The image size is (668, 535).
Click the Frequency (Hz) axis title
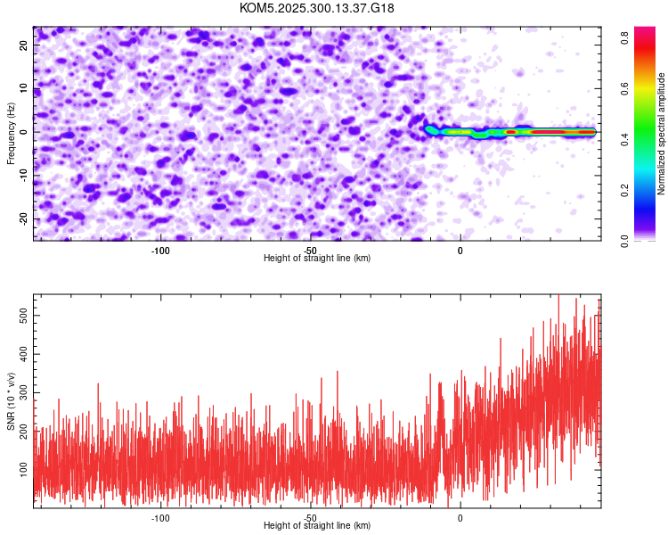12,132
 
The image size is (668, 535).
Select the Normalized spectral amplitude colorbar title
662,134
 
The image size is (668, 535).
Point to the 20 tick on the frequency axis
25,44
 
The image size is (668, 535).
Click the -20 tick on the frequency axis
23,218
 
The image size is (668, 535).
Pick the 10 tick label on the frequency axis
25,87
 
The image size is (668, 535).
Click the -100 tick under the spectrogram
160,251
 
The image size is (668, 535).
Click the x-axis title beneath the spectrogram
317,259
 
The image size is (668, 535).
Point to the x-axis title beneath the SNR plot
317,526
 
